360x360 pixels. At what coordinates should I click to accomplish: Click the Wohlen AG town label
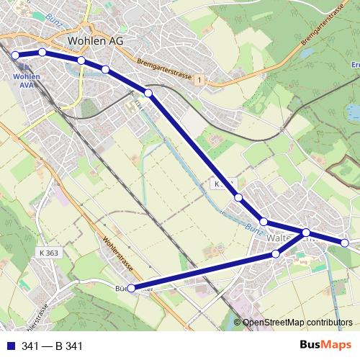[94, 41]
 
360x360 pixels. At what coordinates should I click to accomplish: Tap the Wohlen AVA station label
[26, 80]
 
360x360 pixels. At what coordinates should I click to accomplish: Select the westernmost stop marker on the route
[15, 55]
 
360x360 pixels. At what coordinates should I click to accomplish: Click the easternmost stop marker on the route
[345, 243]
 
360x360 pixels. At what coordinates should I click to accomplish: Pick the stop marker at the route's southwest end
[130, 288]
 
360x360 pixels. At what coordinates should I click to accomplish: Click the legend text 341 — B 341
[53, 346]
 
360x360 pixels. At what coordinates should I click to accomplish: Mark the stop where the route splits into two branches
[306, 232]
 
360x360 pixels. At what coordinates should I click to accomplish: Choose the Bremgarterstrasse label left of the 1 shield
[163, 70]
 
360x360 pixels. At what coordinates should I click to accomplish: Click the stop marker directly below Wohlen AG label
[81, 60]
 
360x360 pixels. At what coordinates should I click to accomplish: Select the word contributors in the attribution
[331, 323]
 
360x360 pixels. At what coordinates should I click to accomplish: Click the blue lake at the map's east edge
[353, 112]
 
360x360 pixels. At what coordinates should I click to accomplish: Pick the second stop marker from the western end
[42, 53]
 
